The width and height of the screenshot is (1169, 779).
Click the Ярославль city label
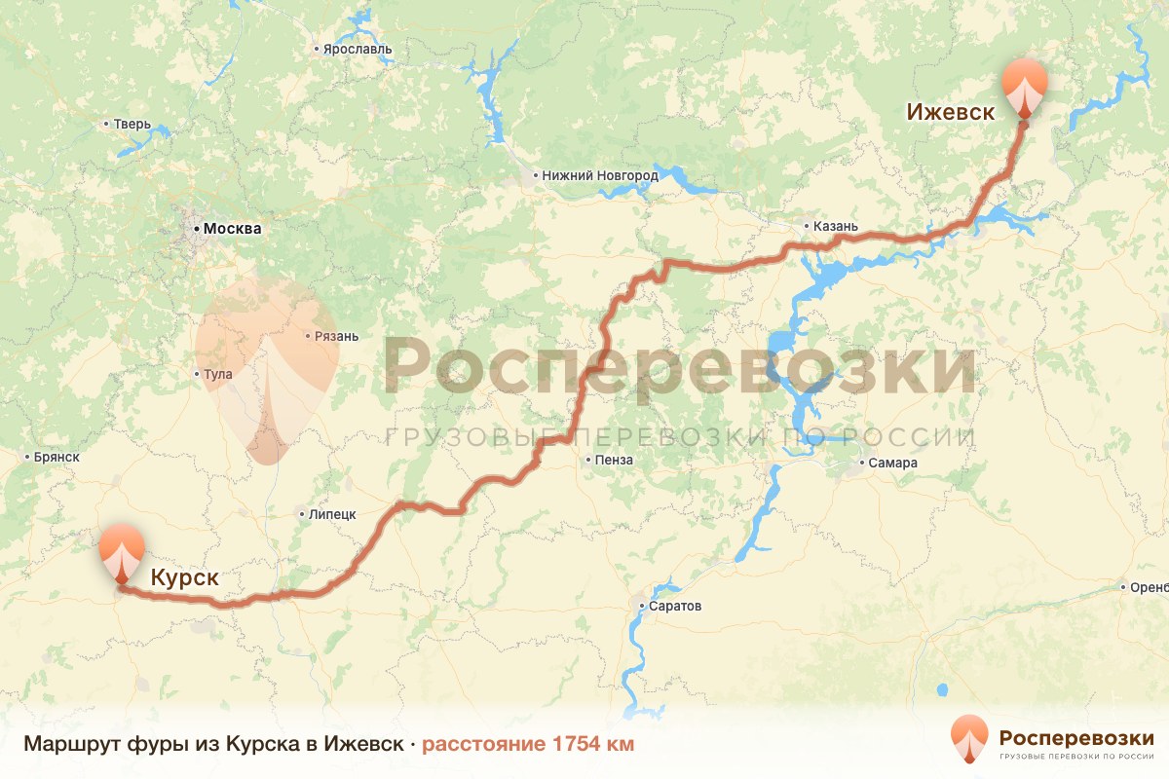pyautogui.click(x=357, y=49)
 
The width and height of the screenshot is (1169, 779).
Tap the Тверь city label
pyautogui.click(x=132, y=124)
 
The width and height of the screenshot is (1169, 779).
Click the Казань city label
pyautogui.click(x=836, y=227)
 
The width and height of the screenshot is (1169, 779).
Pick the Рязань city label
pyautogui.click(x=336, y=337)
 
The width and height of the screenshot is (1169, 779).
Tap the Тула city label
pyautogui.click(x=218, y=374)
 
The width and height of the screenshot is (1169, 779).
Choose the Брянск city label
pyautogui.click(x=56, y=457)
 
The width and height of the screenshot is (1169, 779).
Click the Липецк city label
pyautogui.click(x=331, y=514)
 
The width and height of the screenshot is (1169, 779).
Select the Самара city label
pyautogui.click(x=894, y=464)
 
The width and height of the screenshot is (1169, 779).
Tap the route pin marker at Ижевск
pyautogui.click(x=1025, y=88)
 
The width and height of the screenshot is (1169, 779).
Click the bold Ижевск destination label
pyautogui.click(x=950, y=112)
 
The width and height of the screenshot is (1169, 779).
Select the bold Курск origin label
pyautogui.click(x=184, y=578)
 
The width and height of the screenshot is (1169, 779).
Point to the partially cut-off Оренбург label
pyautogui.click(x=1149, y=587)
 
